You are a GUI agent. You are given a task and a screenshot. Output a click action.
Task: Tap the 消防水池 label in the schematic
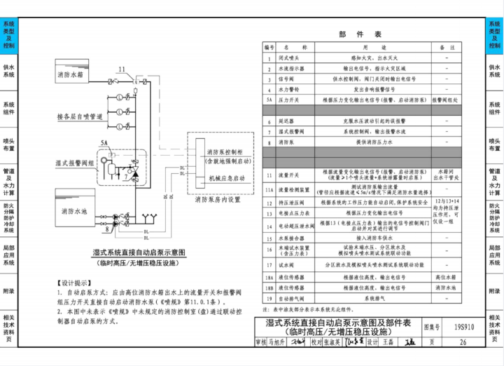pos(75,210)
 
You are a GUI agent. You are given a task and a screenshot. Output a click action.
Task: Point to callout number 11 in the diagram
pos(121,69)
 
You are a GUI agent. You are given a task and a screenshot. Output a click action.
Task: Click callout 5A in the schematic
pos(104,142)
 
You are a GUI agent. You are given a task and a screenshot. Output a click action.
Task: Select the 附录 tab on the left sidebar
pos(9,291)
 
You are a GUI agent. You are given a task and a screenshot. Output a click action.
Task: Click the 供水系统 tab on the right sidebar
pos(494,72)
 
